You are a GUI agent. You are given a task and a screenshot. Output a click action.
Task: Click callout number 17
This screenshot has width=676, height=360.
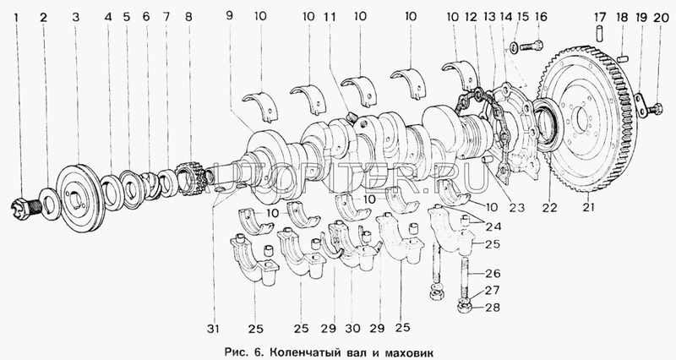599,17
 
